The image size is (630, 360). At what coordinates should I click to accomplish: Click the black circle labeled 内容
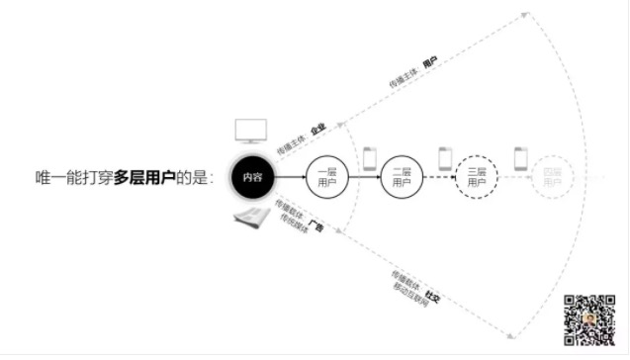251,178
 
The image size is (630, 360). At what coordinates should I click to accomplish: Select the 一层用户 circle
327,178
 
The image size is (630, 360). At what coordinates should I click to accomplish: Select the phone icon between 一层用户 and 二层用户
370,157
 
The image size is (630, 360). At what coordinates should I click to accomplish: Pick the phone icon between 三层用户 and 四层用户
519,157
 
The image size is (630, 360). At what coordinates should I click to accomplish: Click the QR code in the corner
589,318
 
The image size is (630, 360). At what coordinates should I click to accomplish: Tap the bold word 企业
316,130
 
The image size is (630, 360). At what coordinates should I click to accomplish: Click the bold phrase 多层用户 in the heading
146,178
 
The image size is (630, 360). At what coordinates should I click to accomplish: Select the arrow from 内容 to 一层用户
289,178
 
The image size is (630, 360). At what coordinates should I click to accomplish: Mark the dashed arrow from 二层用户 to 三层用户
438,178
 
